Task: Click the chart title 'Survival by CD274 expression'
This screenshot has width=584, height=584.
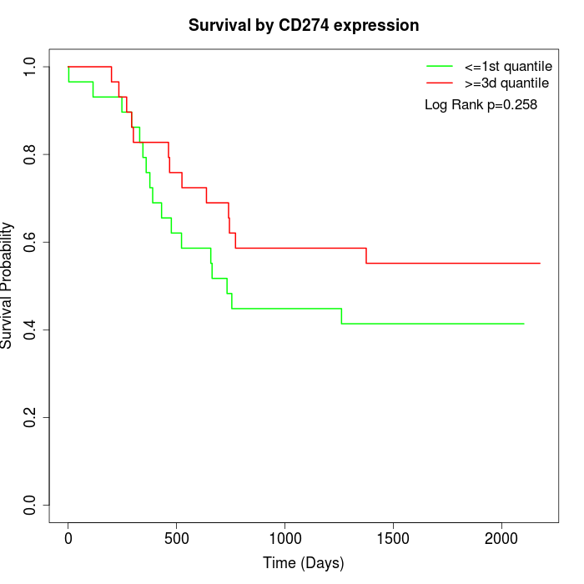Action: click(304, 25)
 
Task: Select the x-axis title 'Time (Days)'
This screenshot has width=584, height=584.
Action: click(304, 563)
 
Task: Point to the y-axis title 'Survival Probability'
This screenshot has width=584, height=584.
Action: click(8, 285)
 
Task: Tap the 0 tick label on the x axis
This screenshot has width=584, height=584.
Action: click(68, 536)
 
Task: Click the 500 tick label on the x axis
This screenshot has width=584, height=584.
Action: click(177, 536)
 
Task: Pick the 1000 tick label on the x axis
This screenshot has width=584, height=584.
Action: click(284, 536)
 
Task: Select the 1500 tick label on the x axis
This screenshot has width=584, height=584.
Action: click(393, 536)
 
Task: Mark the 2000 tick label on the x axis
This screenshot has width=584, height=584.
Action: click(501, 536)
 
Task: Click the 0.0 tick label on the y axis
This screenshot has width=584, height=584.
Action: click(31, 505)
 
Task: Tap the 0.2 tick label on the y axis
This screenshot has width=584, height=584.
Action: click(31, 417)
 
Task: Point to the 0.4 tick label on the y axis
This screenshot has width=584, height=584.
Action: click(31, 330)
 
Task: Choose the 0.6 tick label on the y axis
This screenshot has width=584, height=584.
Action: click(31, 242)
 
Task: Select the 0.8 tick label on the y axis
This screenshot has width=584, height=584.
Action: click(31, 154)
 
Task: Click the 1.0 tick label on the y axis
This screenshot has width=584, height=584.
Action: click(31, 67)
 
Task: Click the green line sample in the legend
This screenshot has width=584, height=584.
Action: click(440, 65)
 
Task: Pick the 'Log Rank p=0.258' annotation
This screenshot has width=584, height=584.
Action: click(481, 105)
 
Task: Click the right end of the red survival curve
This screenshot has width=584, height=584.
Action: click(540, 263)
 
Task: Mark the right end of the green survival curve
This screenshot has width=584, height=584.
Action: click(524, 324)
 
